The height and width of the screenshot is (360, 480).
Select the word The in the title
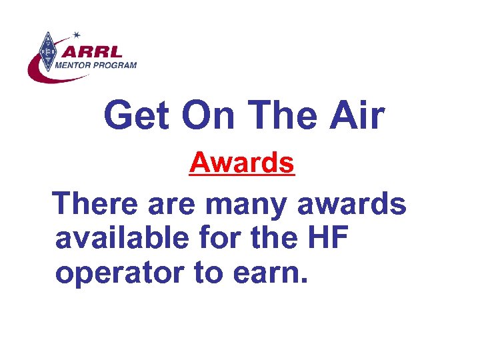pos(287,116)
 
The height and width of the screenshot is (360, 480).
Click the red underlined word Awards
pos(241,163)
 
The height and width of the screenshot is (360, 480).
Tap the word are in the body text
pos(174,203)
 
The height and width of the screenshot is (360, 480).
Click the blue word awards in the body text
pos(351,203)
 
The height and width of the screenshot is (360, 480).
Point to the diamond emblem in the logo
pos(48,49)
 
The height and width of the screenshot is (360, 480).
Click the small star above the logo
pos(77,33)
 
